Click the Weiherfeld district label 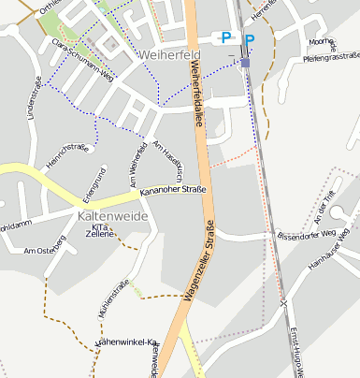[x=167, y=54]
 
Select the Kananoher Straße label [x=173, y=190]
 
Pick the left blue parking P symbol [x=225, y=37]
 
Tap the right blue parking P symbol [x=249, y=39]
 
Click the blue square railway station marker [x=245, y=63]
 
